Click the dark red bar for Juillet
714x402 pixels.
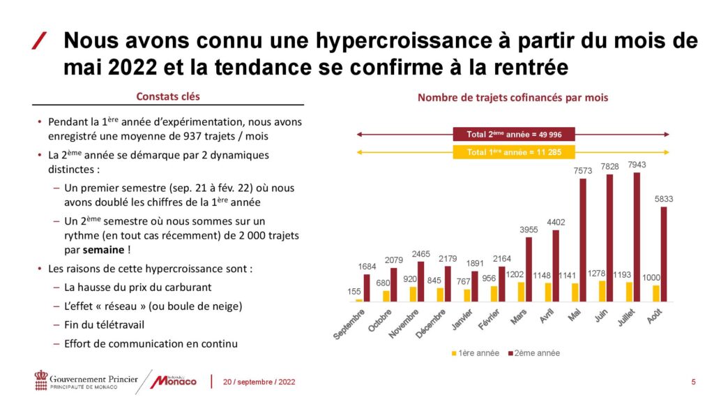tap(637, 237)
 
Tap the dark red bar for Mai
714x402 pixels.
tap(583, 240)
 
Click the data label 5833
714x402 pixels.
tap(664, 199)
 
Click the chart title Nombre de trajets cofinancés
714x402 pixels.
tap(512, 98)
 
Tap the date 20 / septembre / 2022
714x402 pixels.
tap(259, 382)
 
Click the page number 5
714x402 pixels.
tap(693, 382)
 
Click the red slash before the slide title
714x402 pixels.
tap(40, 41)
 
